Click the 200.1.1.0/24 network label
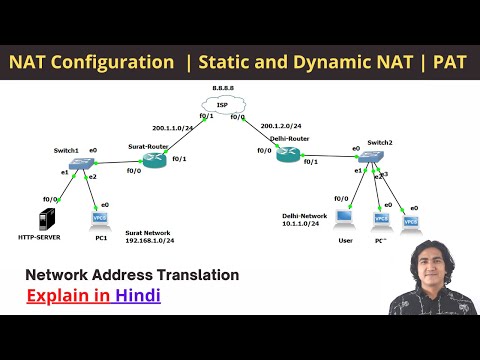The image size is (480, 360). (172, 128)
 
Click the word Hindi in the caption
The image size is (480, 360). (137, 296)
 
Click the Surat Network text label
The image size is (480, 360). (150, 232)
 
